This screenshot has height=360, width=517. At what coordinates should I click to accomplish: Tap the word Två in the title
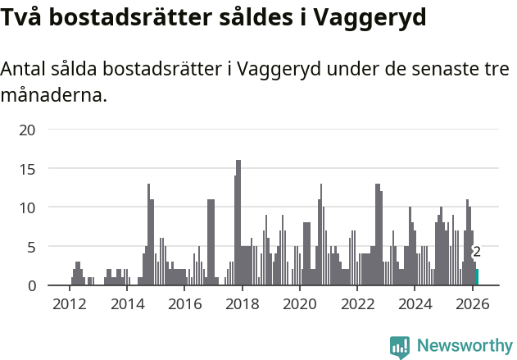tap(22, 16)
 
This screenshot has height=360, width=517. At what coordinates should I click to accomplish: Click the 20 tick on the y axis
tap(27, 130)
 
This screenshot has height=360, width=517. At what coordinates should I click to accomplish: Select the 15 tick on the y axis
tap(27, 169)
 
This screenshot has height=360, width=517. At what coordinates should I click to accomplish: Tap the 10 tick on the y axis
tap(27, 207)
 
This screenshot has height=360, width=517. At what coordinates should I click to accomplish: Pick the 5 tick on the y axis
tap(31, 247)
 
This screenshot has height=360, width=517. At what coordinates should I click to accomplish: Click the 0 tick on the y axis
tap(31, 285)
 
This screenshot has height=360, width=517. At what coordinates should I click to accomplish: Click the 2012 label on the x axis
tap(69, 304)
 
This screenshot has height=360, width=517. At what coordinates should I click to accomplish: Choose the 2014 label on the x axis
tap(126, 304)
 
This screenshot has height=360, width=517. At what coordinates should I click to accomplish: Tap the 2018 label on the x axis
tap(242, 304)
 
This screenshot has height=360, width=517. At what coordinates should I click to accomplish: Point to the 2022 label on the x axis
tap(357, 304)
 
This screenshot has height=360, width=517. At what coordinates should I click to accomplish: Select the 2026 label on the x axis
tap(473, 304)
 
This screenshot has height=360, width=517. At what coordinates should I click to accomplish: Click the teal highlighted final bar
tap(477, 277)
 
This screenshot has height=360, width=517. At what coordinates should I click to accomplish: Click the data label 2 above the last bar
tap(477, 253)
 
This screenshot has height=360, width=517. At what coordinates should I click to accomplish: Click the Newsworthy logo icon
tap(399, 347)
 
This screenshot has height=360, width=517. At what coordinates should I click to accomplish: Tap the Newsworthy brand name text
tap(464, 346)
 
